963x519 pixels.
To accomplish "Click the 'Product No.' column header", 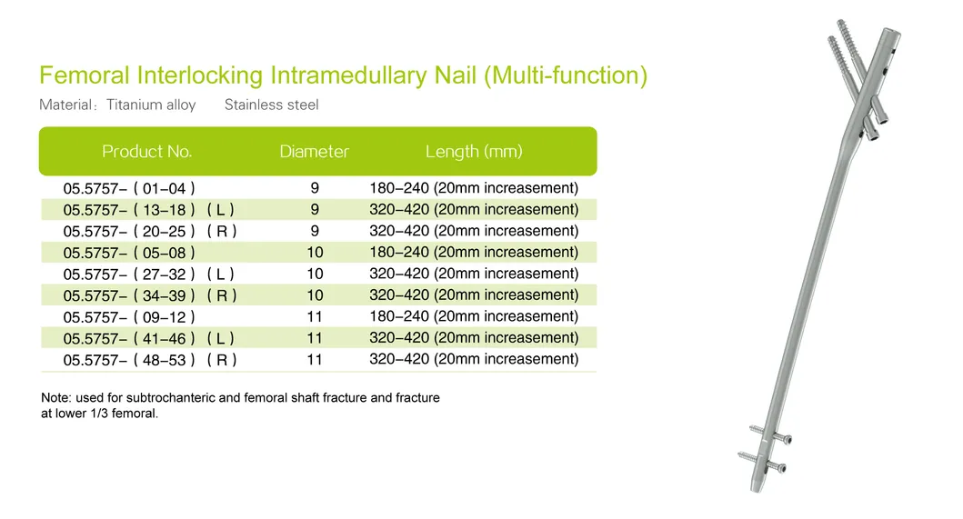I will coord(146,152).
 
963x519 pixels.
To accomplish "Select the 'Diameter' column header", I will coord(314,152).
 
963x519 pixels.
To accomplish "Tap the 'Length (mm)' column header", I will coord(474,152).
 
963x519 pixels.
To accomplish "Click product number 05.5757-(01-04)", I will coord(129,189).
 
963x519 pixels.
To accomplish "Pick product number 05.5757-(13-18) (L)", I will coord(149,210).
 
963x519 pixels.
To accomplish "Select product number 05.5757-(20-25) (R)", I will coord(150,232).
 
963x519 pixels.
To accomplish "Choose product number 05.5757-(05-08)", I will coord(129,253).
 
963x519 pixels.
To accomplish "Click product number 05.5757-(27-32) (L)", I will coord(149,274).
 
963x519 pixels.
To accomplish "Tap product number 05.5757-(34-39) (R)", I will coord(150,295).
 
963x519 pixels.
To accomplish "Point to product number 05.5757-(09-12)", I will coord(129,317).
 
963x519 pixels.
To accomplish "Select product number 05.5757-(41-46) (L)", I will coord(149,338).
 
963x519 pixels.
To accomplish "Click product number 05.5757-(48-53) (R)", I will coord(150,360).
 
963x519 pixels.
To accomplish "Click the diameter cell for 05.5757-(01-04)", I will coord(315,189).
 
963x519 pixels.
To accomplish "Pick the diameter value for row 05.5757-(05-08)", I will coord(315,253).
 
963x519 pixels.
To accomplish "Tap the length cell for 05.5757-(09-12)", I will coord(474,316).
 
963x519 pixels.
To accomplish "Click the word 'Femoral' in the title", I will coord(85,75).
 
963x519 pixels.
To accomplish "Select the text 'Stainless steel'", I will coord(271,105).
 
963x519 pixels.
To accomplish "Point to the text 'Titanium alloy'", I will coord(151,105).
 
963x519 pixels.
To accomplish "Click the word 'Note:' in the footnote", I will coord(56,398).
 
